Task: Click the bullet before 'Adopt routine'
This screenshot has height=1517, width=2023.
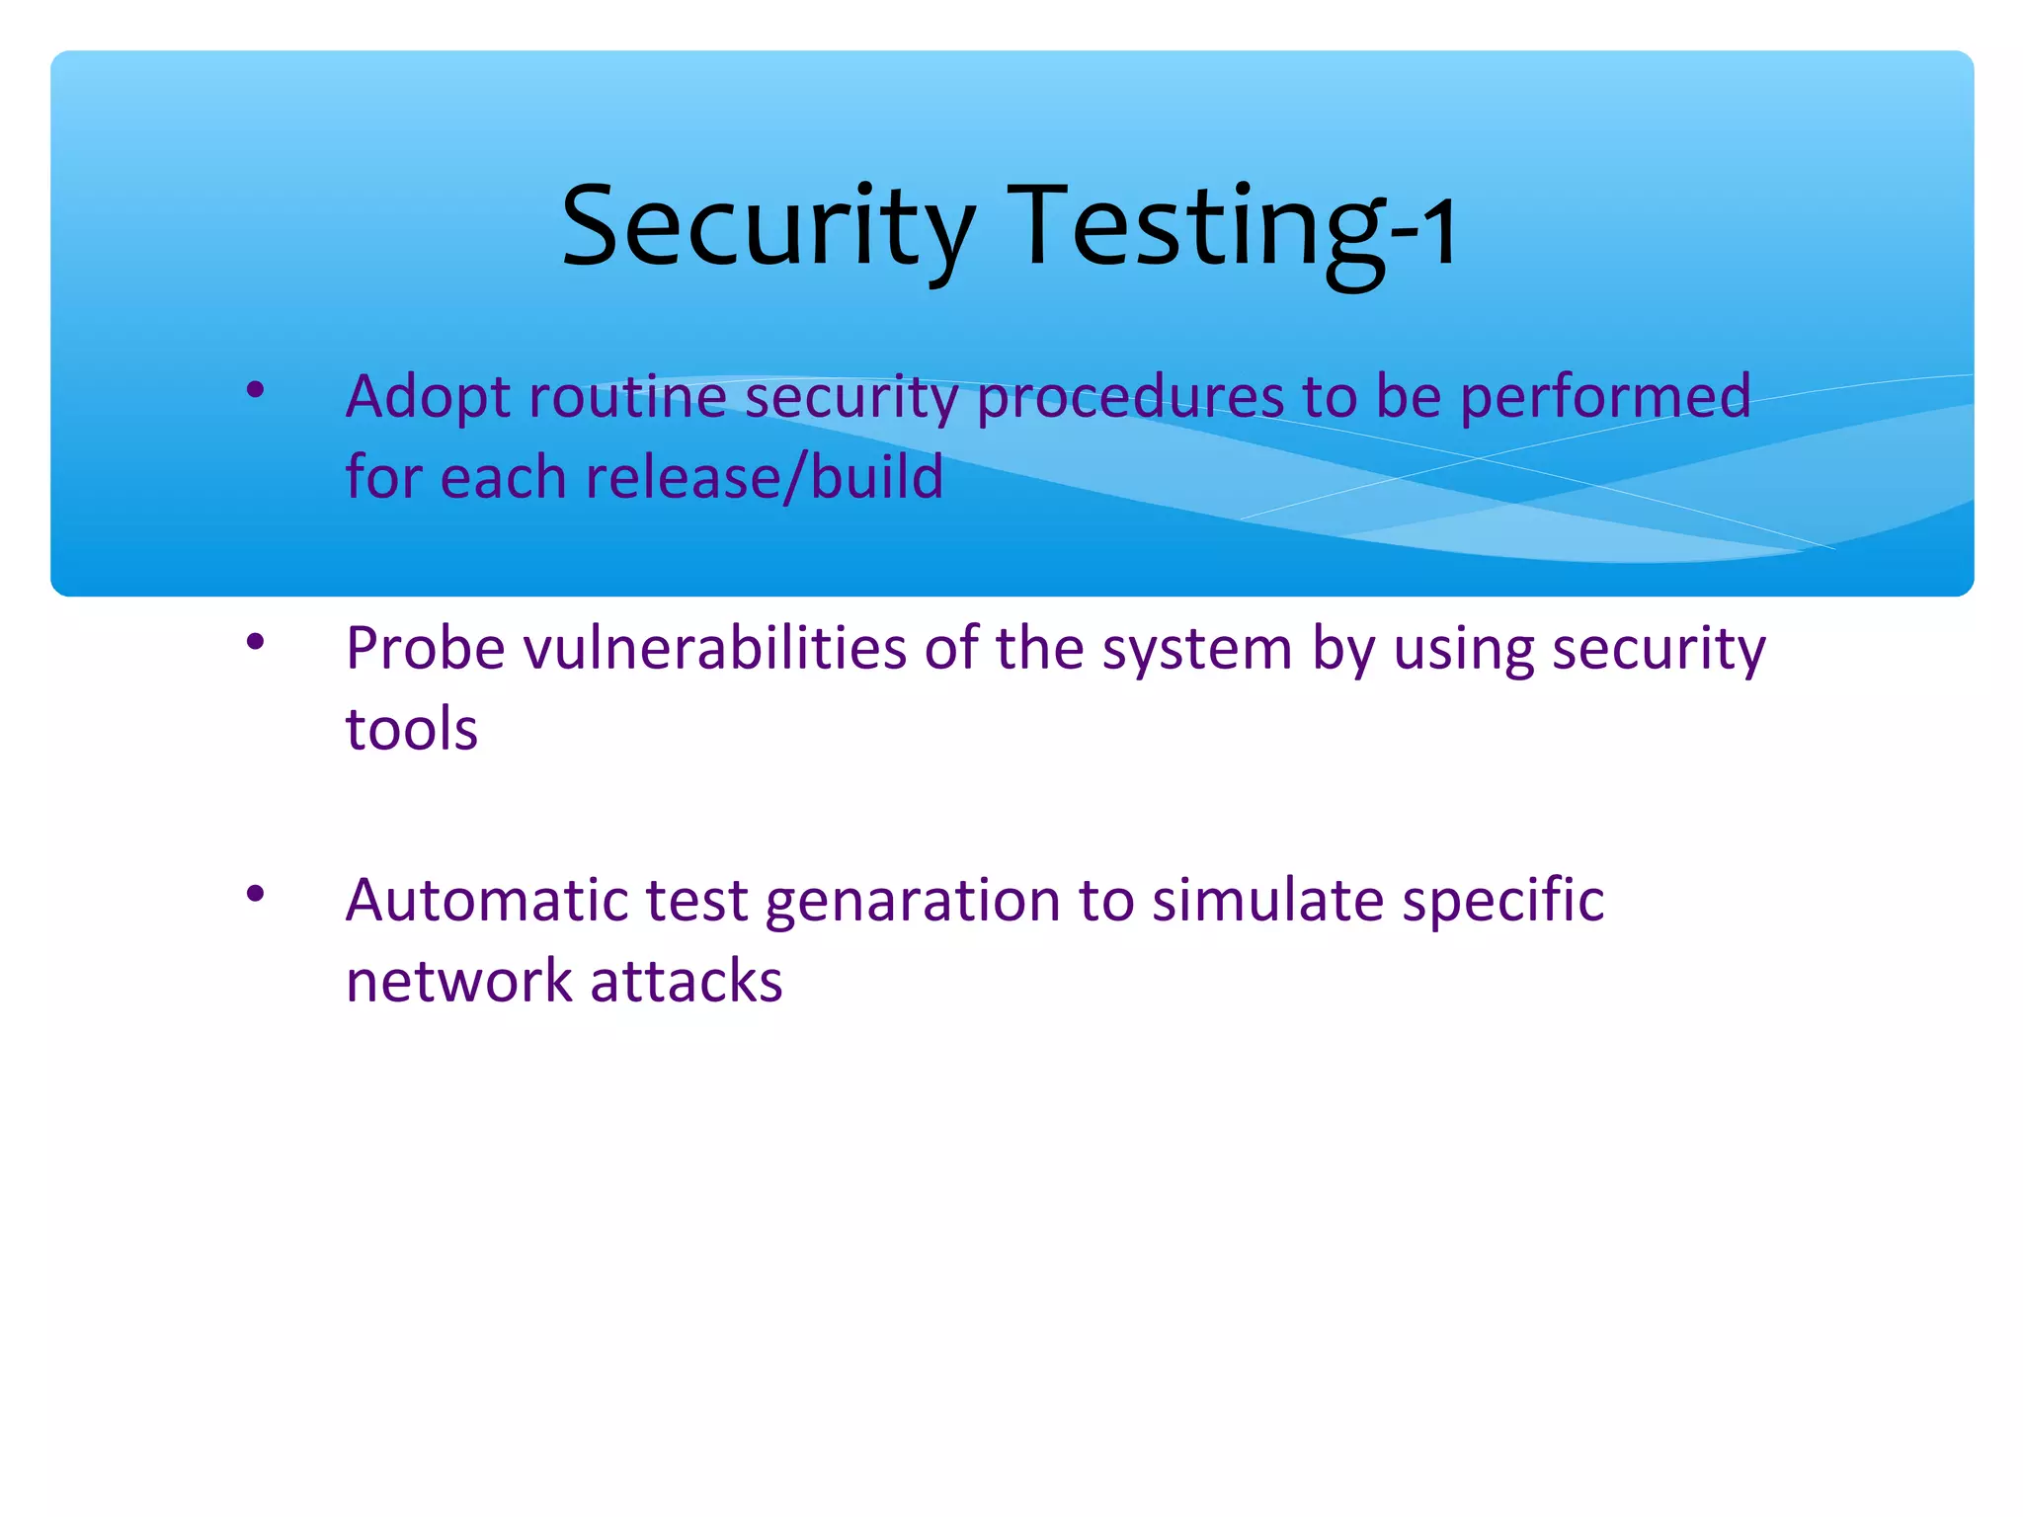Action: pyautogui.click(x=256, y=390)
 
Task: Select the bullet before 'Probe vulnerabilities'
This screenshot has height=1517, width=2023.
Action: pyautogui.click(x=256, y=643)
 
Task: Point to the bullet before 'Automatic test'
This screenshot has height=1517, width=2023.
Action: pyautogui.click(x=256, y=895)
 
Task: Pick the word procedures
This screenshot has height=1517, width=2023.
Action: pyautogui.click(x=1129, y=397)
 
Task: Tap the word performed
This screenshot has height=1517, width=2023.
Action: pyautogui.click(x=1605, y=397)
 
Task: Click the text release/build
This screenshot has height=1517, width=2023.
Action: pyautogui.click(x=765, y=478)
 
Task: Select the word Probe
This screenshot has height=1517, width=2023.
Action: pyautogui.click(x=425, y=650)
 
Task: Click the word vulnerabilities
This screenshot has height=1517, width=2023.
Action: pyautogui.click(x=714, y=650)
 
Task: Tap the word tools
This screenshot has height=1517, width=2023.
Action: pyautogui.click(x=411, y=730)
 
